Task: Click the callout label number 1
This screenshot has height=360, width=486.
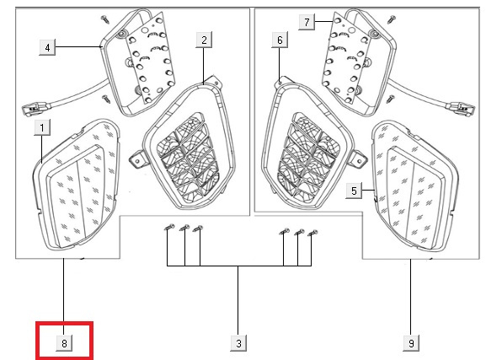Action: pyautogui.click(x=42, y=127)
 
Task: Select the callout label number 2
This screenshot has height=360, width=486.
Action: pyautogui.click(x=204, y=40)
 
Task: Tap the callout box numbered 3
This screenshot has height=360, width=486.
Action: pyautogui.click(x=238, y=343)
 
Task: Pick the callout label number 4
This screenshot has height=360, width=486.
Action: pyautogui.click(x=47, y=47)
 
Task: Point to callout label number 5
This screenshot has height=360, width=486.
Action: pyautogui.click(x=354, y=191)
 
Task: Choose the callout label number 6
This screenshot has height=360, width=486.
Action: pyautogui.click(x=280, y=40)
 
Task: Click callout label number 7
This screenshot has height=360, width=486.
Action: pyautogui.click(x=307, y=22)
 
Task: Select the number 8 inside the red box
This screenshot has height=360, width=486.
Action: pyautogui.click(x=64, y=343)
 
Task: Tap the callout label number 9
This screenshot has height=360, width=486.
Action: pyautogui.click(x=411, y=343)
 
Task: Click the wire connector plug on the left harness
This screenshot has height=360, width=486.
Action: pyautogui.click(x=35, y=108)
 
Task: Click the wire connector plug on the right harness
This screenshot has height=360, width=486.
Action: pyautogui.click(x=460, y=109)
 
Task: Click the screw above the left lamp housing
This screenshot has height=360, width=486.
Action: pyautogui.click(x=105, y=19)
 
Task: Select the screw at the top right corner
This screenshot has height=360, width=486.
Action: pyautogui.click(x=392, y=19)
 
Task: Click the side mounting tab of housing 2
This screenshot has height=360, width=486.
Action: pyautogui.click(x=136, y=159)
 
